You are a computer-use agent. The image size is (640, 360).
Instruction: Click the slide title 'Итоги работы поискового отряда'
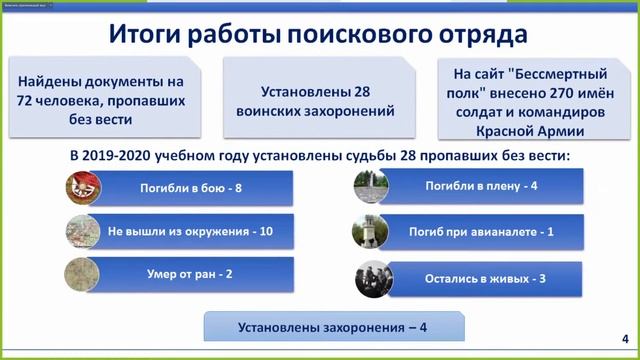(318, 38)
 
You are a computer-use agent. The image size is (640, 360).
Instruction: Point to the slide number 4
(625, 336)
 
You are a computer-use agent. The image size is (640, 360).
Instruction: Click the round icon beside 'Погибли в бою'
(82, 188)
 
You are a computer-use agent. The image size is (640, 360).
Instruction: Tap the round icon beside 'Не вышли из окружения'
(82, 232)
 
